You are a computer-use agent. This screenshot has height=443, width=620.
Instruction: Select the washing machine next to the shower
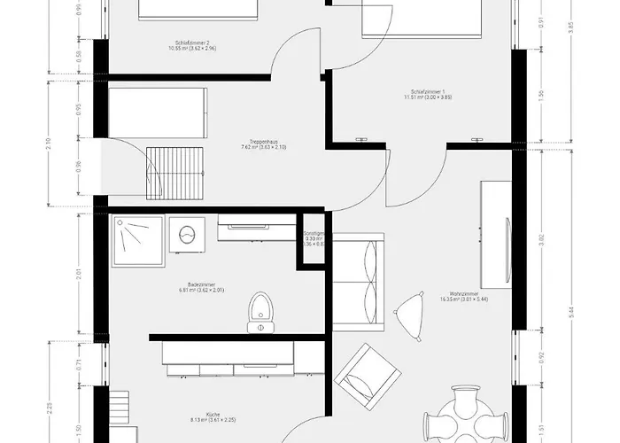[x=187, y=235]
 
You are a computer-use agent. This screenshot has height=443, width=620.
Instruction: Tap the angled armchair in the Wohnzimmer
[x=363, y=375]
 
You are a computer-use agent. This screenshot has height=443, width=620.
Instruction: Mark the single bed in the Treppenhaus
[x=159, y=112]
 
